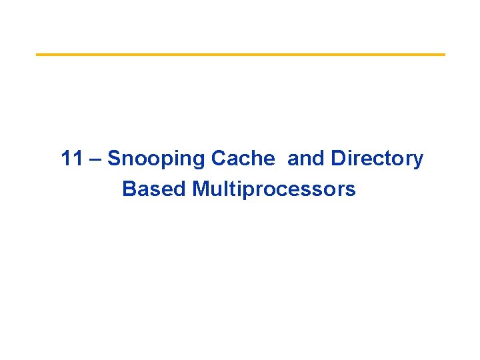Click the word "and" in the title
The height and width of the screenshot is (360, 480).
tap(306, 159)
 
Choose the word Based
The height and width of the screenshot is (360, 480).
tap(154, 189)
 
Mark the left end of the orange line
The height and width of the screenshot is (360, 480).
tap(37, 54)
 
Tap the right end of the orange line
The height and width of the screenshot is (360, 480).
tap(443, 54)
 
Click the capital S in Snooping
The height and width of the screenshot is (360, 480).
tap(113, 159)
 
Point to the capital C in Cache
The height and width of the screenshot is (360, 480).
tap(218, 159)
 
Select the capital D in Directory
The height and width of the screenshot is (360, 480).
tap(337, 159)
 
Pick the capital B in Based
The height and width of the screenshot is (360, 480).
tap(129, 189)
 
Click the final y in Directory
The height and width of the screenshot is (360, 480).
tap(418, 161)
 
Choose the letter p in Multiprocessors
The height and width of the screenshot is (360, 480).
tap(247, 192)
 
